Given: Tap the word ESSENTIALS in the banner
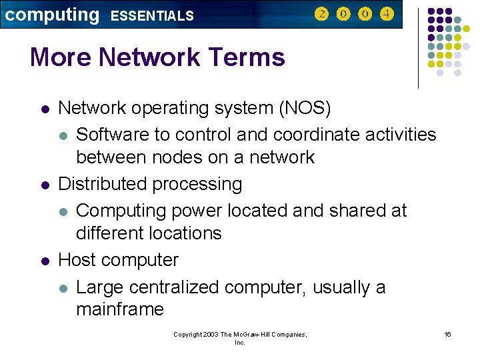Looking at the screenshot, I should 152,15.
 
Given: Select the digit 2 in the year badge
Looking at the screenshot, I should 321,14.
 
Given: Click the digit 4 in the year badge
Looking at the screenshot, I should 386,14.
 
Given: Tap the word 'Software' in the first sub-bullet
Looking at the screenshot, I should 113,135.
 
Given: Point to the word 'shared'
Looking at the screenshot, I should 357,211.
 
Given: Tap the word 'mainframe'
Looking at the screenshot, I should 120,309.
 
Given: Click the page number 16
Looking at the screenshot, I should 447,333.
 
